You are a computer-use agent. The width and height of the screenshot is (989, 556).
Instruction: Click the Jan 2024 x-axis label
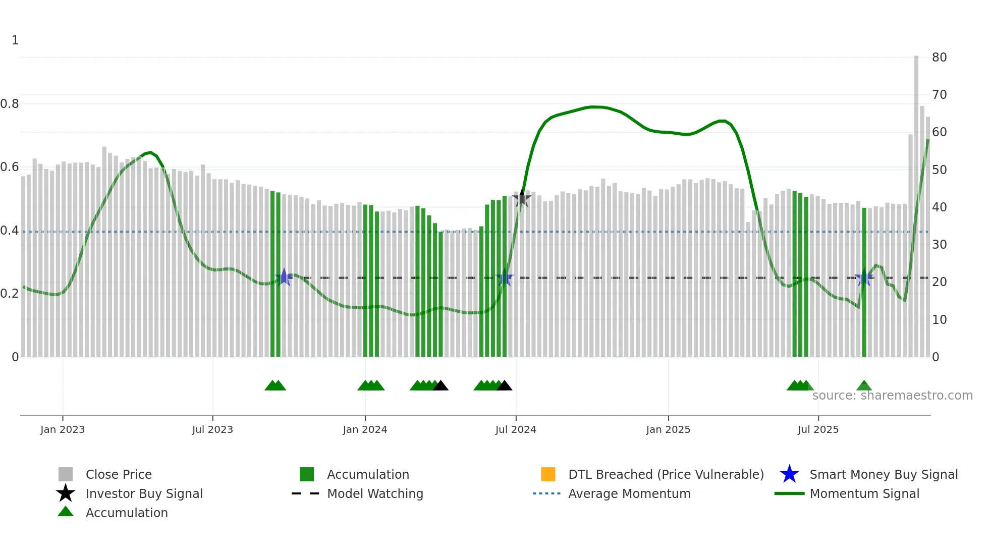point(365,429)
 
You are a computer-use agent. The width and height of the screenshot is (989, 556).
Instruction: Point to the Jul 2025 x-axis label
point(818,429)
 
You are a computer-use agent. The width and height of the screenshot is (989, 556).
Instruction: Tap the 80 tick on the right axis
point(939,58)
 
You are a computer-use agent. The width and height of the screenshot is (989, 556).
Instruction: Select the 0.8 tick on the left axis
point(10,104)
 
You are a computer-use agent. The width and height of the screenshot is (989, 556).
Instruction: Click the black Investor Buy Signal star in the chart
point(522,198)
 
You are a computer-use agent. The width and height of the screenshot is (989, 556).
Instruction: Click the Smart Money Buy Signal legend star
point(789,474)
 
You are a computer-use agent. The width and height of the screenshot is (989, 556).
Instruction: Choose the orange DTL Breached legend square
point(548,474)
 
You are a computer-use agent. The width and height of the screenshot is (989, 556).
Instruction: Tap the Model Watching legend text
point(375,493)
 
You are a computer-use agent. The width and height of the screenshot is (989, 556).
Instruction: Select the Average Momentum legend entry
point(629,493)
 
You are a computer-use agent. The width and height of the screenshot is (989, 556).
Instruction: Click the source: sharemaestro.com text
point(892,396)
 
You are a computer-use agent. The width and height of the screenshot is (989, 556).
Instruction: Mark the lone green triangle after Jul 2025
point(864,386)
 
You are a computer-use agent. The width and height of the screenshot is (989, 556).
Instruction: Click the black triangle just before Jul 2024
point(504,386)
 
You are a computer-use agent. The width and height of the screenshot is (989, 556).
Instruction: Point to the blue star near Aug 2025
point(864,277)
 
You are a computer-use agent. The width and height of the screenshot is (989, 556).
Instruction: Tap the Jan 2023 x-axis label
point(63,429)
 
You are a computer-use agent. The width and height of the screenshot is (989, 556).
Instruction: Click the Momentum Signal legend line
point(789,493)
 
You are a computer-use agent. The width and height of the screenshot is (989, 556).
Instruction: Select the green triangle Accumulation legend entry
point(66,512)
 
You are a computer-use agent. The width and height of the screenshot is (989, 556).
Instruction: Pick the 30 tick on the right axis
point(939,245)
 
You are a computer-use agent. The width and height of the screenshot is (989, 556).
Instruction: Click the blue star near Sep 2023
point(284,277)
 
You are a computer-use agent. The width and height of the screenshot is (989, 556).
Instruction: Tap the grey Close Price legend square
point(66,474)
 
